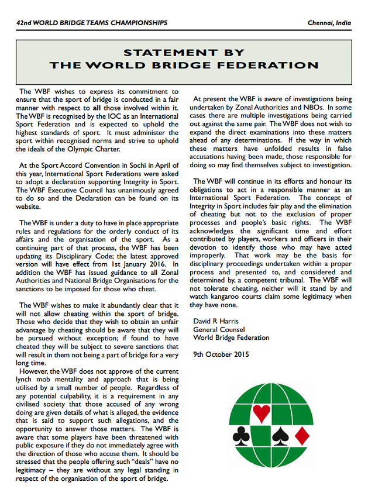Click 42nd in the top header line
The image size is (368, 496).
26,23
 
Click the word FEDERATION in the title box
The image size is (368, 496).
264,66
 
